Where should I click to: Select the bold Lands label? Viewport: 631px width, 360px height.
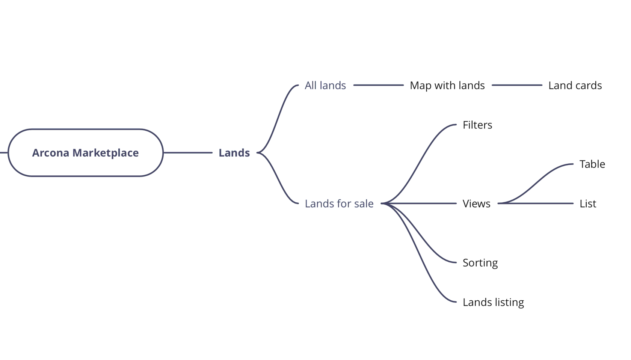[x=234, y=153]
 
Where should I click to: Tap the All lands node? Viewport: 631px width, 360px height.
[x=325, y=86]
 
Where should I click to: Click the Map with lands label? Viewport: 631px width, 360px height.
[x=447, y=86]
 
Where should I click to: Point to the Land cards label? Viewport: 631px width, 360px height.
[x=575, y=86]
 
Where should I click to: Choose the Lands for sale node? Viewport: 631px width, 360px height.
[x=339, y=203]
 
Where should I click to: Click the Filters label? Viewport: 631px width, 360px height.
[x=477, y=125]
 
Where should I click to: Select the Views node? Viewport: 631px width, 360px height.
[x=476, y=203]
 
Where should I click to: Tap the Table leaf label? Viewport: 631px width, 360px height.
[x=592, y=164]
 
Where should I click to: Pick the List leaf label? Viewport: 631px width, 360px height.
[x=587, y=203]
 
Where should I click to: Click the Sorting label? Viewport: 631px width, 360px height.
[x=480, y=263]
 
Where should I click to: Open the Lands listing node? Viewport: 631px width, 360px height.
[x=493, y=302]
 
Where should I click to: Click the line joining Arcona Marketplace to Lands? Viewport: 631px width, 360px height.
[x=188, y=153]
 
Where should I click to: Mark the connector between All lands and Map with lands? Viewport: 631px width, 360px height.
[x=378, y=85]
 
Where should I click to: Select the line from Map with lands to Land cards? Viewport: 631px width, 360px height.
[x=517, y=85]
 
